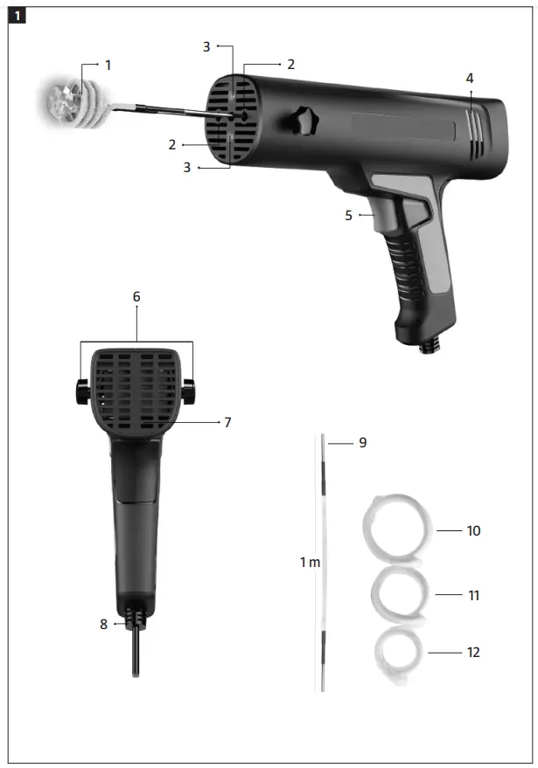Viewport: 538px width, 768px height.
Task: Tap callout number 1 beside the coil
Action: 108,66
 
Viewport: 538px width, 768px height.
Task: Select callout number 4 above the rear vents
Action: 470,79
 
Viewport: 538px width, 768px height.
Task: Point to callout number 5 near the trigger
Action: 348,215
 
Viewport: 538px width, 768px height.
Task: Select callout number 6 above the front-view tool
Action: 136,297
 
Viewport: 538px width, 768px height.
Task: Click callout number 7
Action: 227,422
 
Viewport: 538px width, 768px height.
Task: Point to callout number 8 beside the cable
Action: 103,624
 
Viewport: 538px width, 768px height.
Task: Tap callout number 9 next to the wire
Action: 362,443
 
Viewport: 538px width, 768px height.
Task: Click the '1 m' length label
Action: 310,562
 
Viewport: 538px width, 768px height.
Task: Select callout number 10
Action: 473,530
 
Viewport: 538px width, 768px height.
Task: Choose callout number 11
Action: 473,595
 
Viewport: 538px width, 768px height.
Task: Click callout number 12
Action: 473,652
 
